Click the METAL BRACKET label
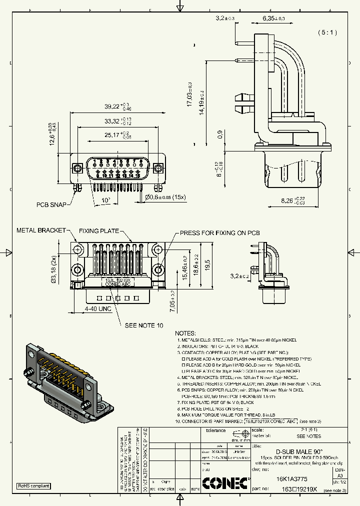pos(41,230)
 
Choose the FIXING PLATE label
pos(99,231)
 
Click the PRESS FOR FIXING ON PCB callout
pos(219,233)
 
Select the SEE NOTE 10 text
pos(144,325)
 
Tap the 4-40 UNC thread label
pos(97,309)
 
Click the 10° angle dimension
pos(106,200)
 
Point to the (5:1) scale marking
pos(327,32)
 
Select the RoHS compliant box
pos(34,485)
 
